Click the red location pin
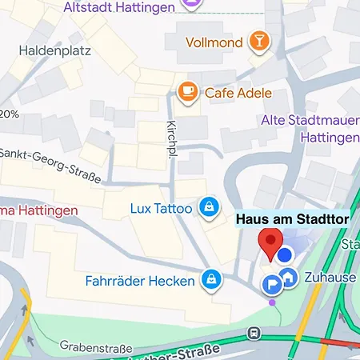270,243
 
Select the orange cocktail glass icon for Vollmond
259,41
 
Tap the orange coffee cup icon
188,92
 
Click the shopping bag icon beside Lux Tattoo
208,208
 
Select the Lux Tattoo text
161,209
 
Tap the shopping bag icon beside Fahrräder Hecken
210,279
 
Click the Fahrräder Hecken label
140,281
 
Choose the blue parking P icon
272,283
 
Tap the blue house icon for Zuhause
290,278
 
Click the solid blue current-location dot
285,255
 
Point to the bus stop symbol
254,333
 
